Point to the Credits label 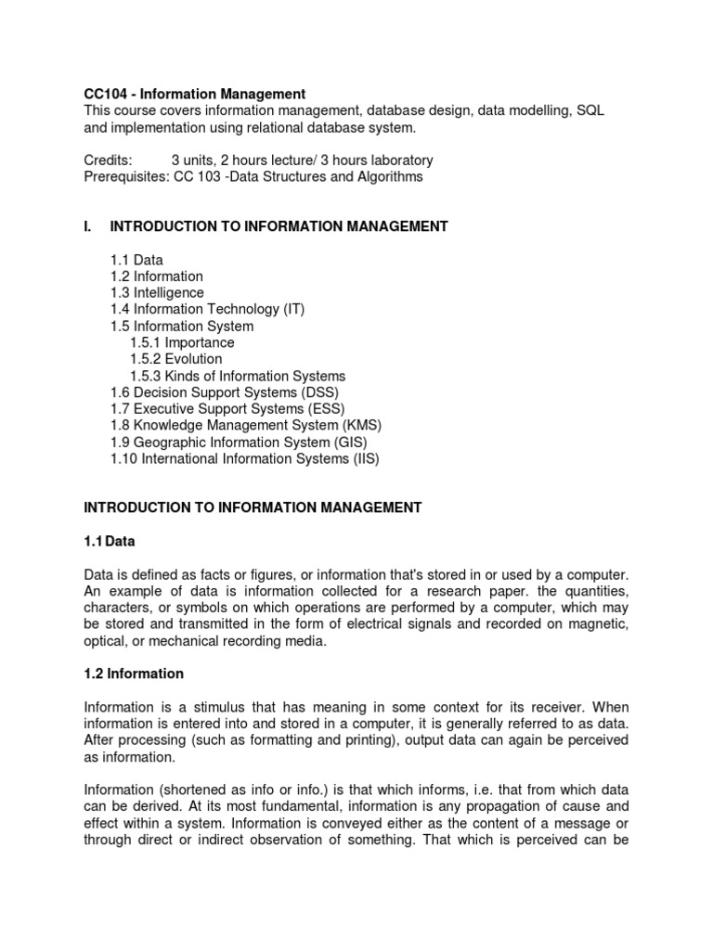pyautogui.click(x=109, y=160)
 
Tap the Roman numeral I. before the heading pyautogui.click(x=89, y=226)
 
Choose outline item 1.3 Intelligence pyautogui.click(x=157, y=292)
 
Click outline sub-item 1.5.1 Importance pyautogui.click(x=182, y=342)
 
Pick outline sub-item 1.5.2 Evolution pyautogui.click(x=176, y=359)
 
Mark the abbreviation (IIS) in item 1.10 pyautogui.click(x=362, y=458)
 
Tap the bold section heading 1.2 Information pyautogui.click(x=134, y=674)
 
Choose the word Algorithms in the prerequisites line pyautogui.click(x=389, y=177)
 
